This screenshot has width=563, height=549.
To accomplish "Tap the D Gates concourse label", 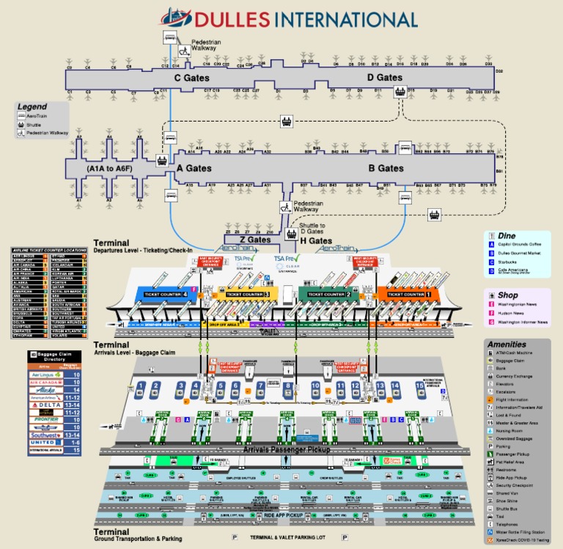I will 384,78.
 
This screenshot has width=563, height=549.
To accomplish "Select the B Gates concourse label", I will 386,169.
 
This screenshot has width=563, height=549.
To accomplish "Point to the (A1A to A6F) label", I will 109,169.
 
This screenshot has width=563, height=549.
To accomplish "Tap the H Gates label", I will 316,240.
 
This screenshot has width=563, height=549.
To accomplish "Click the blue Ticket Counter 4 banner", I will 163,294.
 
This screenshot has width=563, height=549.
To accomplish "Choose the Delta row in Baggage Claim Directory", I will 56,404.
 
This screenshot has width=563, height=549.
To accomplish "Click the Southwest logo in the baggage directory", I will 45,435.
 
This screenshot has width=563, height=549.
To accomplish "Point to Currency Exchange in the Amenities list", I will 518,376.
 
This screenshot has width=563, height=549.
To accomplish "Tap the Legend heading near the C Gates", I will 32,106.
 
